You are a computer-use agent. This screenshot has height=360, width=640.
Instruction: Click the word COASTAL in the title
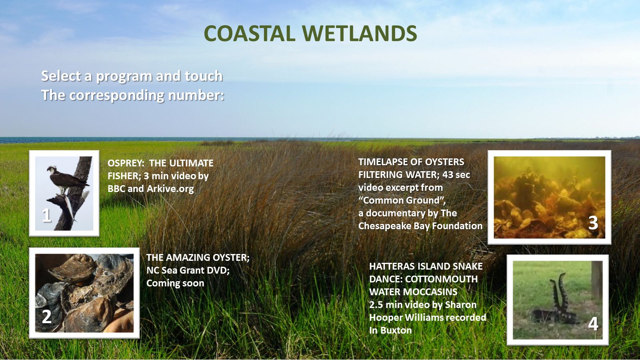(x=250, y=34)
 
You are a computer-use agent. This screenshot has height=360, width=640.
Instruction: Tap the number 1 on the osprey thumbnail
(x=46, y=215)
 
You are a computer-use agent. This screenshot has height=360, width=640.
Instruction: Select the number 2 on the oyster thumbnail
(x=46, y=316)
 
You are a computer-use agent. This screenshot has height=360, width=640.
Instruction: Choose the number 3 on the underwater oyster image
(x=593, y=223)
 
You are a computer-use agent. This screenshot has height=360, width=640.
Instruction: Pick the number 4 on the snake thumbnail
(x=593, y=324)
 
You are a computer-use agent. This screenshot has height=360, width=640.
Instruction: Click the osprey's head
(x=52, y=169)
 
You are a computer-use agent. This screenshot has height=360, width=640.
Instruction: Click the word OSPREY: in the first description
(x=126, y=163)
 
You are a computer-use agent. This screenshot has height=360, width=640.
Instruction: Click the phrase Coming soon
(x=175, y=284)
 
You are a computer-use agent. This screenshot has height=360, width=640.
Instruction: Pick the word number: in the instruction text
(x=196, y=95)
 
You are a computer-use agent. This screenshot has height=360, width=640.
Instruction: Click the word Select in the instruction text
(x=61, y=76)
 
